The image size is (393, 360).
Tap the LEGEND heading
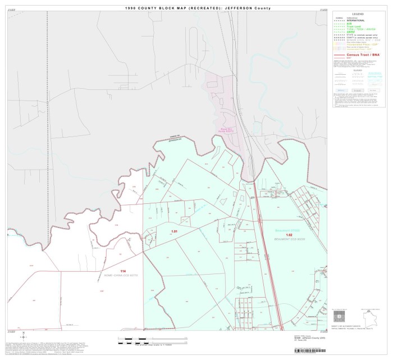358,13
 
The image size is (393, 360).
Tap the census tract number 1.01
175,231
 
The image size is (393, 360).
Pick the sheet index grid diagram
340,316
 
